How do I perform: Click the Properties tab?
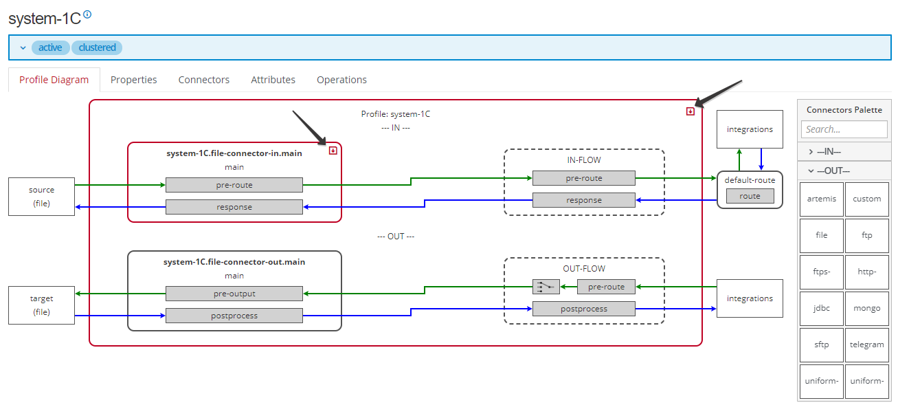[x=133, y=80]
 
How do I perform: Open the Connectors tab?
[x=203, y=80]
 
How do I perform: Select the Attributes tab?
[x=273, y=80]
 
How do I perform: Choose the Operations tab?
[x=341, y=80]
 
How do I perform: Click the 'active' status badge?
[x=50, y=47]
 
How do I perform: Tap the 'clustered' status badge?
[x=97, y=47]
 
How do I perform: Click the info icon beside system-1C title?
[x=87, y=14]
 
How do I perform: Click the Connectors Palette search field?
[x=843, y=129]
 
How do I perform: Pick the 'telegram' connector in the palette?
[x=866, y=344]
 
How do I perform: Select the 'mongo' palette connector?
[x=866, y=308]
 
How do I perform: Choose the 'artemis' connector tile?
[x=821, y=199]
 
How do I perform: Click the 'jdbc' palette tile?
[x=821, y=308]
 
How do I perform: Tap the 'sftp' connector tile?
[x=821, y=344]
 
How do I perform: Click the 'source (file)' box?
[x=41, y=197]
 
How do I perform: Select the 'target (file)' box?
[x=41, y=305]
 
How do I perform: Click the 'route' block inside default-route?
[x=750, y=196]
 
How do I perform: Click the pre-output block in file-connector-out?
[x=234, y=294]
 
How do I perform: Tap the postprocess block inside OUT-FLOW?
[x=583, y=309]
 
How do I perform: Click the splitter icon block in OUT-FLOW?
[x=546, y=287]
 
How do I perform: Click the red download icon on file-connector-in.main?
[x=333, y=150]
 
